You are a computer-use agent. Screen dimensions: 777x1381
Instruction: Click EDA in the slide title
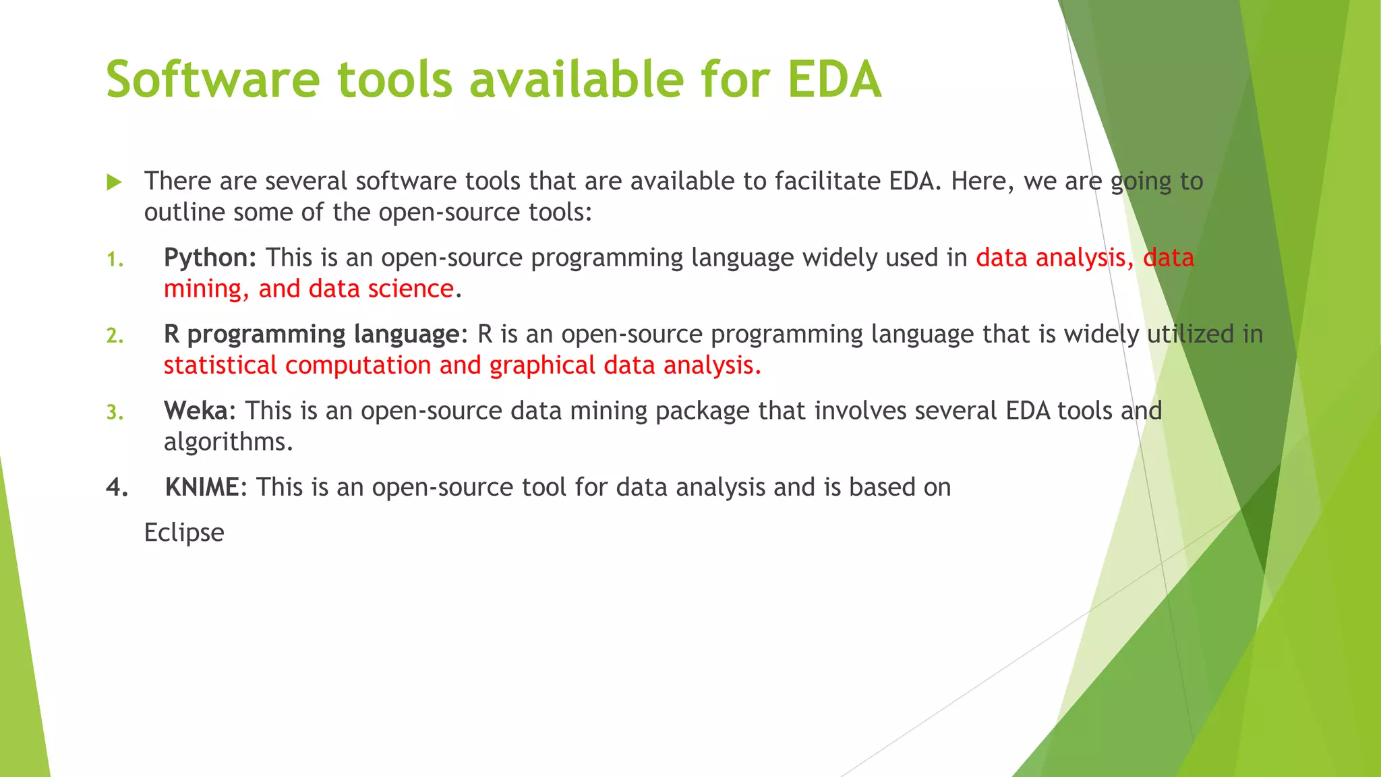834,80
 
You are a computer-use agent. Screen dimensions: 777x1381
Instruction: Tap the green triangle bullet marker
114,182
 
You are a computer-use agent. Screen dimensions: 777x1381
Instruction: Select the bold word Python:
210,258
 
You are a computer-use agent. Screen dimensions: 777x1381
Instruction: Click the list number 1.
115,260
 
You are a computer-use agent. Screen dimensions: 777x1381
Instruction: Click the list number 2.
115,336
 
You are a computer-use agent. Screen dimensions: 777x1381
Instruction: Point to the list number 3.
115,412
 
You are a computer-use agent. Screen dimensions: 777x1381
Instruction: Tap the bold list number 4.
116,488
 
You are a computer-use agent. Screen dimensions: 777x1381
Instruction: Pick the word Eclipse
183,533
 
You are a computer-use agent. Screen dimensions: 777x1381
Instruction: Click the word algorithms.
228,442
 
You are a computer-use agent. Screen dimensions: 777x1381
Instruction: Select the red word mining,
206,289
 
